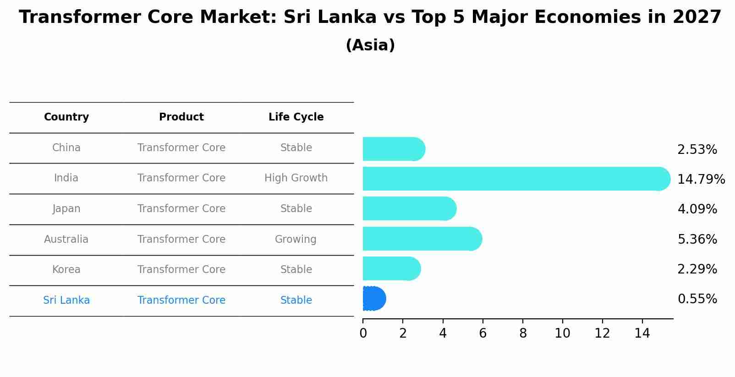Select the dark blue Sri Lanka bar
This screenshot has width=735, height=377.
[x=374, y=299]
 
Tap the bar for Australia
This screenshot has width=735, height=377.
[x=422, y=239]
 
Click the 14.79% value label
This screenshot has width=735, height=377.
[x=701, y=179]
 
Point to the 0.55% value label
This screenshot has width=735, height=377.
[x=697, y=299]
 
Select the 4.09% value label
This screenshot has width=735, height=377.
[x=697, y=209]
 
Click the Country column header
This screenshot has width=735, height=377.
[x=66, y=117]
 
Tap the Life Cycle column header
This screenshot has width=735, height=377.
[x=296, y=117]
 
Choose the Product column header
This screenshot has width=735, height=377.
[x=181, y=117]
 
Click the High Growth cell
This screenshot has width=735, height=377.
[x=296, y=178]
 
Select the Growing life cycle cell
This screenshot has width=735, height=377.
[x=296, y=240]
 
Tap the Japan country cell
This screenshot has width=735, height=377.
[x=66, y=209]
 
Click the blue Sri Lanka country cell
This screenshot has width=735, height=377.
[x=66, y=301]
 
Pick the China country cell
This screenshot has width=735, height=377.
[x=66, y=148]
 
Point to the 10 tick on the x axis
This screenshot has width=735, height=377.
[x=562, y=333]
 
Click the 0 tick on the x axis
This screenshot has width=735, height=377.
[x=363, y=333]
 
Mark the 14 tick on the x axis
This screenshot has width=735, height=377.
[x=642, y=333]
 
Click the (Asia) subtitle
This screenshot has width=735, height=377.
[x=370, y=45]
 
